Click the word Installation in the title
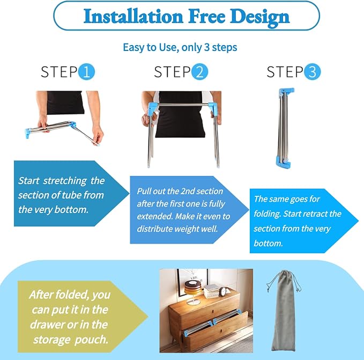(133, 16)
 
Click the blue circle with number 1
(86, 72)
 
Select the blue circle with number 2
(199, 72)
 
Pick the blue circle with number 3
(312, 72)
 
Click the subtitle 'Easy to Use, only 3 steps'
(180, 47)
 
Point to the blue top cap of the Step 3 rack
(286, 91)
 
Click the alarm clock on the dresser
(224, 292)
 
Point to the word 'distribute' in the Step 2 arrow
(155, 229)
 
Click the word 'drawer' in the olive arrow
(47, 325)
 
